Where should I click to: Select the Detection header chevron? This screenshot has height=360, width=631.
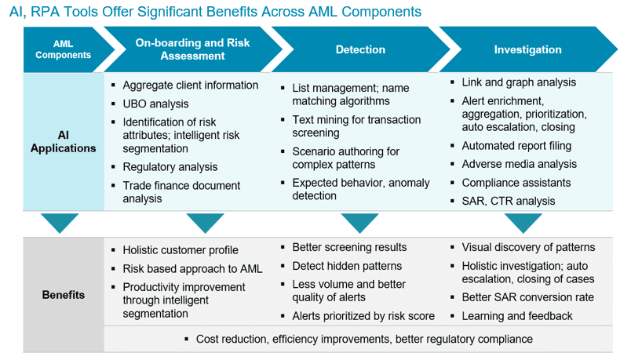[360, 49]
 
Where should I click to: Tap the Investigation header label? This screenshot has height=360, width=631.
[527, 49]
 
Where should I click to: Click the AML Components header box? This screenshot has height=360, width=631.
[63, 49]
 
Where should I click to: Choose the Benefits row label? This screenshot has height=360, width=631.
[63, 296]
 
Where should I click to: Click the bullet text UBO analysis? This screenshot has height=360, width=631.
[155, 104]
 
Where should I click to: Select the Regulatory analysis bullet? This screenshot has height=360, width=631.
[170, 167]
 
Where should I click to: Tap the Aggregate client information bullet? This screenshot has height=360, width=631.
[190, 85]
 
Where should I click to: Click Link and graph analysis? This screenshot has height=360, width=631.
[518, 82]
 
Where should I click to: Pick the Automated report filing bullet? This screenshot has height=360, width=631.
[516, 146]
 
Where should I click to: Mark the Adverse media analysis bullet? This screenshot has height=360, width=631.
[519, 164]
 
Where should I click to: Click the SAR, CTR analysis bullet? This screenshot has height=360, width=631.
[508, 201]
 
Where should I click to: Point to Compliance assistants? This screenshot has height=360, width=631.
[516, 183]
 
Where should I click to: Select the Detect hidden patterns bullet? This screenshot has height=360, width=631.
[347, 266]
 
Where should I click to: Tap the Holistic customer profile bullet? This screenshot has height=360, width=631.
[180, 250]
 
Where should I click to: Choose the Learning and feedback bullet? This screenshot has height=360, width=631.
[516, 316]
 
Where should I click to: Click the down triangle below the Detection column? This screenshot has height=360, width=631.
[360, 223]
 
